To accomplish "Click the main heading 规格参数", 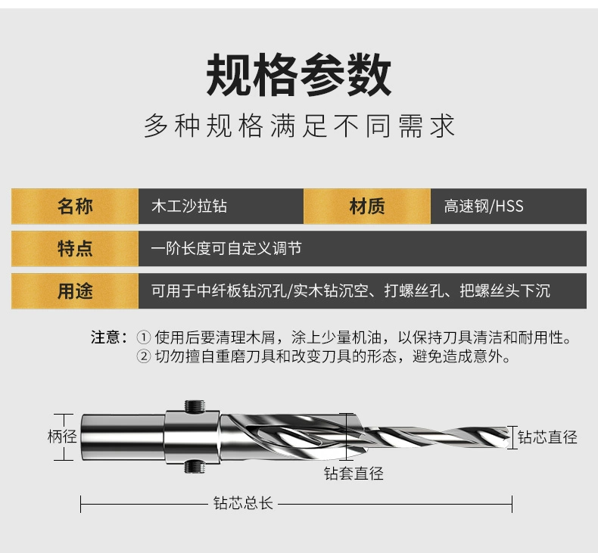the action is click(x=299, y=76).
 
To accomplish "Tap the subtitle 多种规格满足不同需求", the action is click(x=299, y=126).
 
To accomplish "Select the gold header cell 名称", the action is click(x=75, y=207).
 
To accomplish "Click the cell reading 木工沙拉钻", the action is click(x=189, y=207).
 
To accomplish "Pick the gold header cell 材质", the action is click(x=367, y=207).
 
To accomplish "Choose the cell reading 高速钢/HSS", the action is click(x=484, y=207).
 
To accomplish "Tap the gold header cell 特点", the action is click(x=75, y=249).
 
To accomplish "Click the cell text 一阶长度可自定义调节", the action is click(x=226, y=249).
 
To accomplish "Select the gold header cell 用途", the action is click(x=75, y=291).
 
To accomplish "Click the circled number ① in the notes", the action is click(x=143, y=337).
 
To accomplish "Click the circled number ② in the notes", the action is click(x=143, y=356).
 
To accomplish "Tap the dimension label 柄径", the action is click(x=62, y=436).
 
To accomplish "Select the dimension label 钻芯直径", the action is click(x=547, y=437).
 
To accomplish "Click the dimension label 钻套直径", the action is click(x=354, y=474).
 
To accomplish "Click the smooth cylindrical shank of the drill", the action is click(x=121, y=437).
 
